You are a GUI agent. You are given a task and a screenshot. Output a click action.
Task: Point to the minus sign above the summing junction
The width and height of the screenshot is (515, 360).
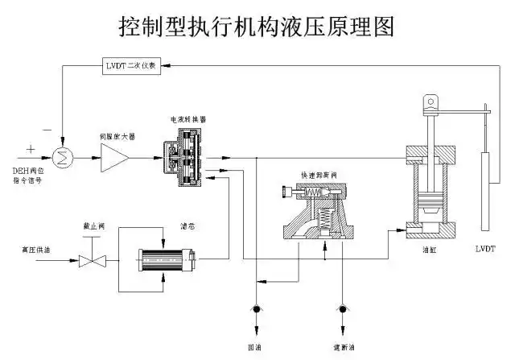point(46,129)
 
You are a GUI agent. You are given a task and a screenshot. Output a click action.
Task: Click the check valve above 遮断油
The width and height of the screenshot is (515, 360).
point(344,309)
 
